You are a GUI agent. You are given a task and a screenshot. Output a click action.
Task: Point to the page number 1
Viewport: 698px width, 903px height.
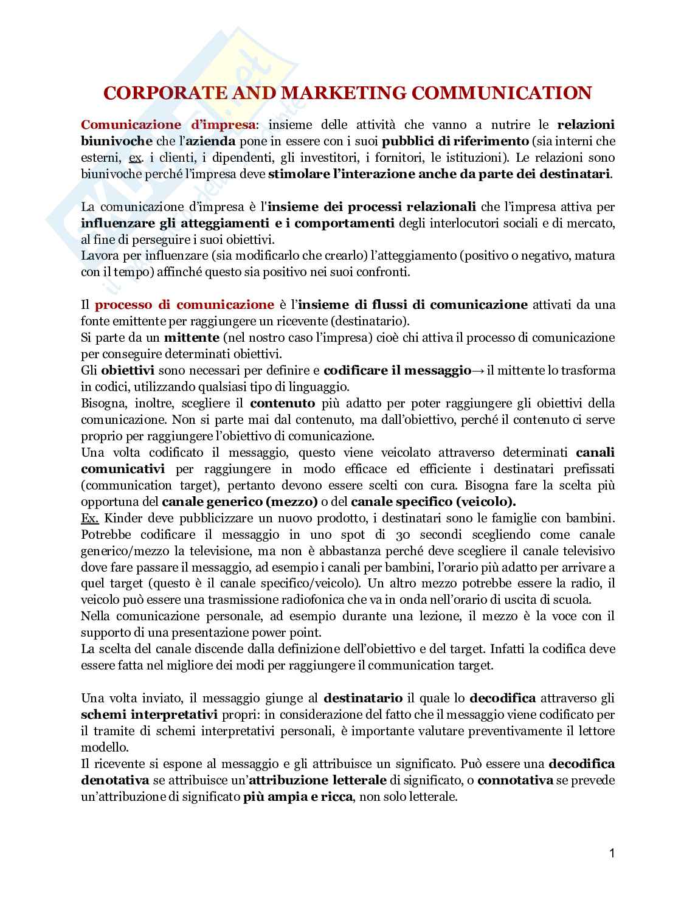coord(612,853)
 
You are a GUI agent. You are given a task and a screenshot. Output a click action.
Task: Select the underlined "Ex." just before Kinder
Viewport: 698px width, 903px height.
coord(92,519)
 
